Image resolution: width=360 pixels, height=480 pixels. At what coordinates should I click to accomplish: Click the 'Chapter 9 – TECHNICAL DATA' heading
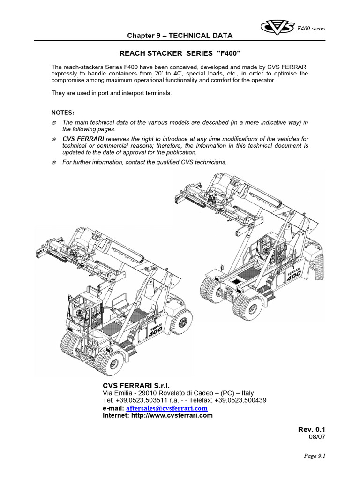coord(173,36)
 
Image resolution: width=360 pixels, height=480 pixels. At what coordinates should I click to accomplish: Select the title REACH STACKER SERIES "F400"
coord(180,54)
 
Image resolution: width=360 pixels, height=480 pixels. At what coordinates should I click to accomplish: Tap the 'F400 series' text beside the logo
coord(311,29)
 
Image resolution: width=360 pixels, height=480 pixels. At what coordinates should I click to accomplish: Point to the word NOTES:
coord(63,112)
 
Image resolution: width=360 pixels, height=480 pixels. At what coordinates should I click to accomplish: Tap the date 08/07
coord(316,437)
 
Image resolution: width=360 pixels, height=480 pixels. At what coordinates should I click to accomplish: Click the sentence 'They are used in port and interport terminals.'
coord(112,93)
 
